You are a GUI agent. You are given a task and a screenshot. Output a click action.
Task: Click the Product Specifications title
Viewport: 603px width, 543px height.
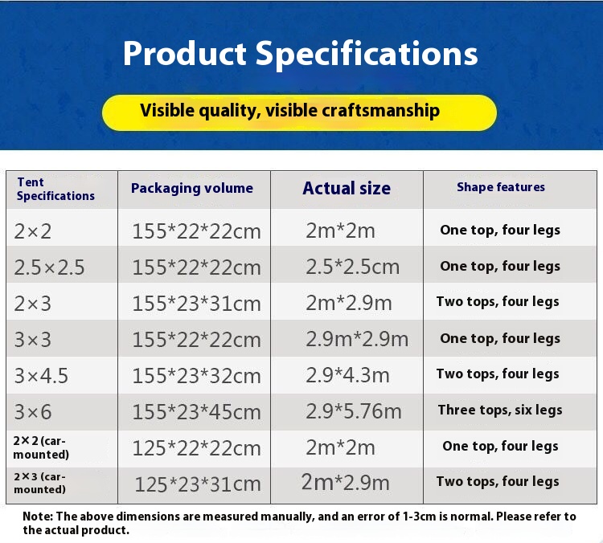click(x=301, y=54)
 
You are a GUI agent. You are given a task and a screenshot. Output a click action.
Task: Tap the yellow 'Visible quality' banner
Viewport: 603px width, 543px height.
click(x=299, y=112)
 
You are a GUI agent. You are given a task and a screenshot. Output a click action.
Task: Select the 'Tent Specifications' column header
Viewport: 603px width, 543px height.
click(x=55, y=189)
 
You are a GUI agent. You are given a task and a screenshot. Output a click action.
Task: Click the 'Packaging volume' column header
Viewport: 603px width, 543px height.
click(x=192, y=188)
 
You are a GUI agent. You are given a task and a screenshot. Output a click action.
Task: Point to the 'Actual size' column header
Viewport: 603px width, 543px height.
click(x=347, y=188)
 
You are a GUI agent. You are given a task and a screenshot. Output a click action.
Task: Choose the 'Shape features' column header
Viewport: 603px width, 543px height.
click(x=501, y=187)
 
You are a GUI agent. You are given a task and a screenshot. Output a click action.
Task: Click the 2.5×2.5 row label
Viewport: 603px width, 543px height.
click(x=49, y=267)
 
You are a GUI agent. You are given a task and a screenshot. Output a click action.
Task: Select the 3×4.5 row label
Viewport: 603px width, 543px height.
click(x=41, y=376)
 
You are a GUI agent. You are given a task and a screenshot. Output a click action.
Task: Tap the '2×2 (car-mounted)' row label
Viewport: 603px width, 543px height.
click(x=41, y=447)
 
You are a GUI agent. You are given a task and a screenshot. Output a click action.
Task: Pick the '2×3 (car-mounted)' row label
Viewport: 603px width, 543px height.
click(x=39, y=483)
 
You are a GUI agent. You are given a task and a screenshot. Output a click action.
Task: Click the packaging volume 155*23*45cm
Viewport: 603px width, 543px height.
click(x=196, y=412)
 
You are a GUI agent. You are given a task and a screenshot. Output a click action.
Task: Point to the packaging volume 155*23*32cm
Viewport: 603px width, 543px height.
click(x=196, y=376)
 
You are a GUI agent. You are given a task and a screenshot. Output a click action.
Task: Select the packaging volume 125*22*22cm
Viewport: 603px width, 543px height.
click(x=196, y=448)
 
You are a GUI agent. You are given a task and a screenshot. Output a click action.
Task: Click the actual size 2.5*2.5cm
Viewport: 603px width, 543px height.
click(x=353, y=267)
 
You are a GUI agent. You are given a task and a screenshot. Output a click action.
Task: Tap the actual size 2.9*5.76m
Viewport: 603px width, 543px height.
click(x=354, y=411)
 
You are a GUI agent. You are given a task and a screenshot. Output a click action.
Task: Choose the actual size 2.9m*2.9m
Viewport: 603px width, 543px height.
click(x=357, y=339)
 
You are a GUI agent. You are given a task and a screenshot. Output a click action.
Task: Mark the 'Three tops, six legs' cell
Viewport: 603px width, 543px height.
click(x=500, y=410)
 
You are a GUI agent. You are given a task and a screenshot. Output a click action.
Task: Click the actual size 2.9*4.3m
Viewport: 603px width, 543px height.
click(x=347, y=375)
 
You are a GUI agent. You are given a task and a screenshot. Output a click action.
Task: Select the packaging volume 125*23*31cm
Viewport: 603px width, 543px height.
click(x=198, y=484)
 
